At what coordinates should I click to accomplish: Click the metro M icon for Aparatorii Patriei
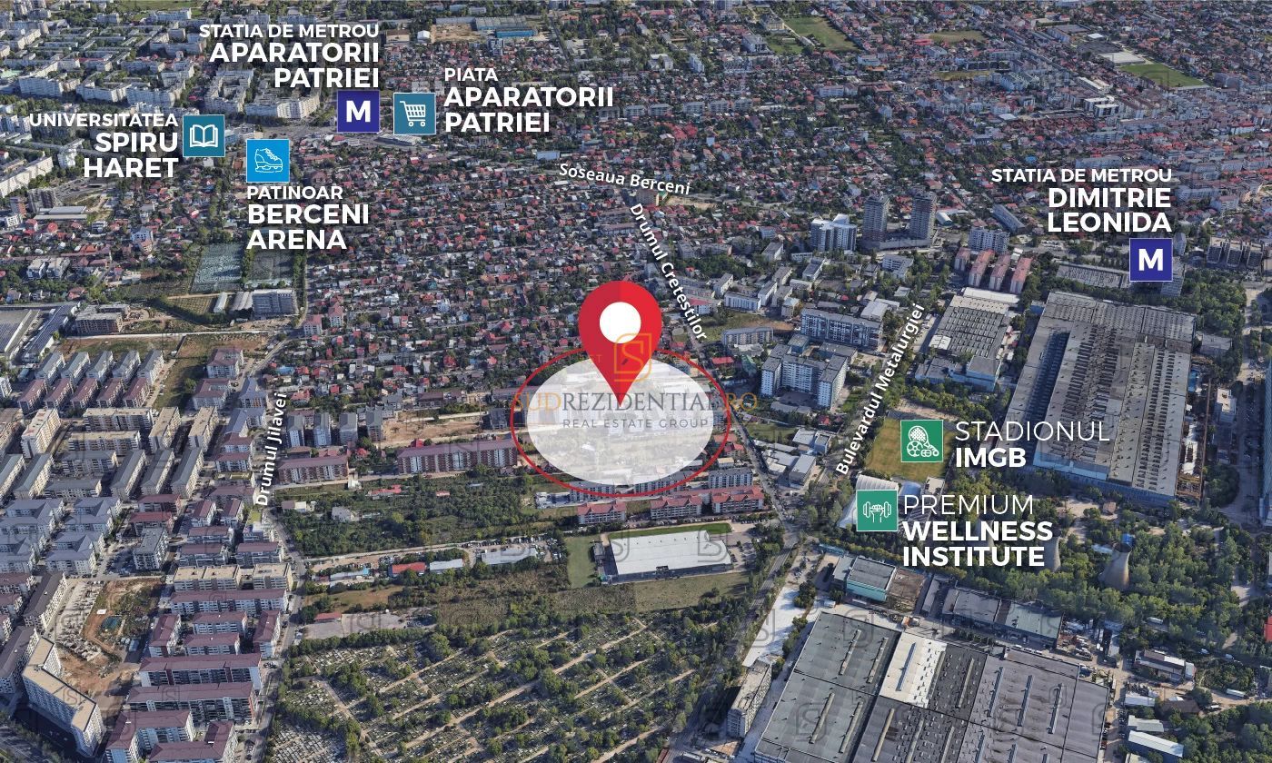click(x=358, y=112)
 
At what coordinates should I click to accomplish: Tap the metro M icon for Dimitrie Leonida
click(x=1150, y=260)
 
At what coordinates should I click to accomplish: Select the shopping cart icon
click(x=414, y=114)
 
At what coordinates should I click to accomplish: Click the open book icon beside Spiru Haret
click(x=204, y=135)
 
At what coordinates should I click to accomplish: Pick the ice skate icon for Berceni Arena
click(x=268, y=161)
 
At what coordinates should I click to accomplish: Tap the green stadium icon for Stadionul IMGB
click(x=921, y=441)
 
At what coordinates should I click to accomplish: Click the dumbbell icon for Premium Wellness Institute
click(x=877, y=510)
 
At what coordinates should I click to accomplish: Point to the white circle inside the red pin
click(x=621, y=321)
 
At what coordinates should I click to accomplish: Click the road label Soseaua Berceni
click(x=624, y=178)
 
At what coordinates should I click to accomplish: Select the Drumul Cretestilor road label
click(x=668, y=272)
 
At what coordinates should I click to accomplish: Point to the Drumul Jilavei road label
click(x=270, y=450)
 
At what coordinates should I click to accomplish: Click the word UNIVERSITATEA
click(x=103, y=120)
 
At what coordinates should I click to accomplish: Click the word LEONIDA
click(x=1108, y=223)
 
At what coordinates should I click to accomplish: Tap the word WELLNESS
click(x=978, y=530)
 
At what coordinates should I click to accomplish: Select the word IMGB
click(x=989, y=457)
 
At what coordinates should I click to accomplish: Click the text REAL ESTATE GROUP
click(x=636, y=423)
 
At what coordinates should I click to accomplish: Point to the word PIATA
click(x=471, y=74)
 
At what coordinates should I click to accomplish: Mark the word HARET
click(x=131, y=168)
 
